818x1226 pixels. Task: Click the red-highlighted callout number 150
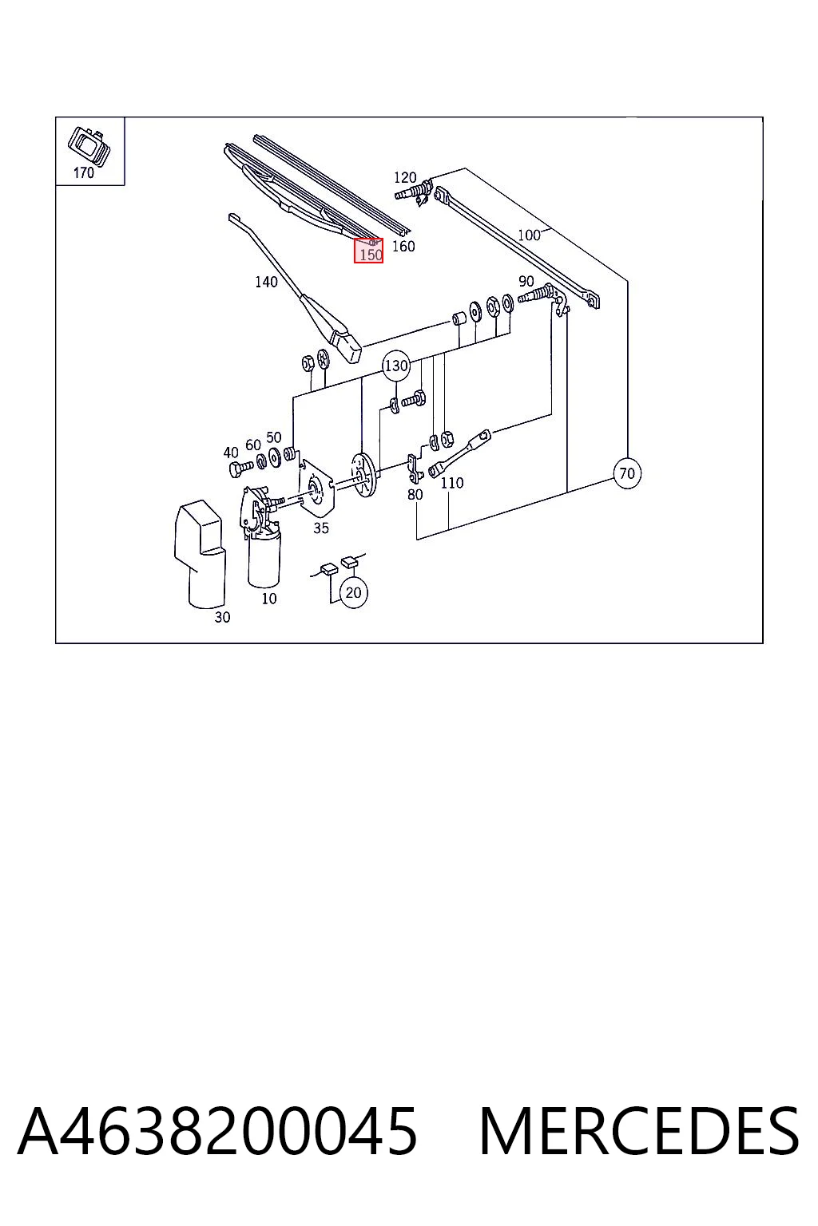(x=371, y=255)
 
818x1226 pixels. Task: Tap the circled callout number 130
(x=395, y=365)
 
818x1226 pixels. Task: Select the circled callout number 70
(x=627, y=473)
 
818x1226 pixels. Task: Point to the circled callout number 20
(x=353, y=593)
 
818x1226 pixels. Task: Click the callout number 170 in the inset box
(x=84, y=173)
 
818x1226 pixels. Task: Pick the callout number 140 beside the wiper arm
(x=266, y=282)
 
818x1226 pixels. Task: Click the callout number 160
(x=403, y=247)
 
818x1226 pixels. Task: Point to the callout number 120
(x=405, y=177)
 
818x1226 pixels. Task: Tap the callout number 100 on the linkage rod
(x=529, y=235)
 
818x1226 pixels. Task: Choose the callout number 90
(x=526, y=281)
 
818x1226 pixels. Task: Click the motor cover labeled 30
(x=200, y=553)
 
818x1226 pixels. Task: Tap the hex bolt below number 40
(x=239, y=469)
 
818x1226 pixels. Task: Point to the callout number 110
(x=452, y=483)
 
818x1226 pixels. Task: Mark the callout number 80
(x=415, y=494)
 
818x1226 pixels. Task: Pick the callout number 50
(x=273, y=437)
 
